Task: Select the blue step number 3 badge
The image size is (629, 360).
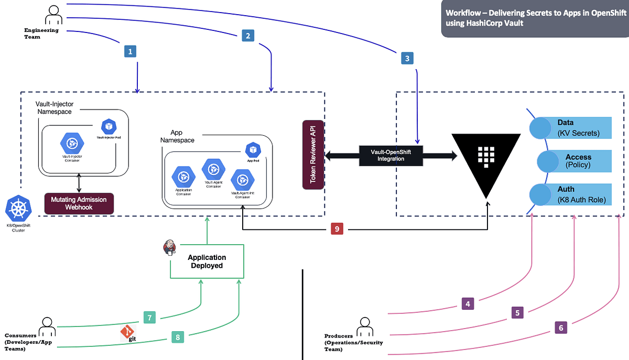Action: [408, 59]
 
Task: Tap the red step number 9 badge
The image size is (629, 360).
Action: [338, 229]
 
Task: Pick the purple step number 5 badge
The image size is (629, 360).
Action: [517, 313]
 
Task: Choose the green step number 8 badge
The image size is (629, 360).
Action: [178, 337]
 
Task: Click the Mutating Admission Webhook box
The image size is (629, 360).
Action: [79, 203]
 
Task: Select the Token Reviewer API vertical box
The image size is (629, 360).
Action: [313, 155]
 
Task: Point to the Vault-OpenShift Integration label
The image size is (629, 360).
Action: [387, 155]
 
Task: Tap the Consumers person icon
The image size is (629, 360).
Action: [47, 325]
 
